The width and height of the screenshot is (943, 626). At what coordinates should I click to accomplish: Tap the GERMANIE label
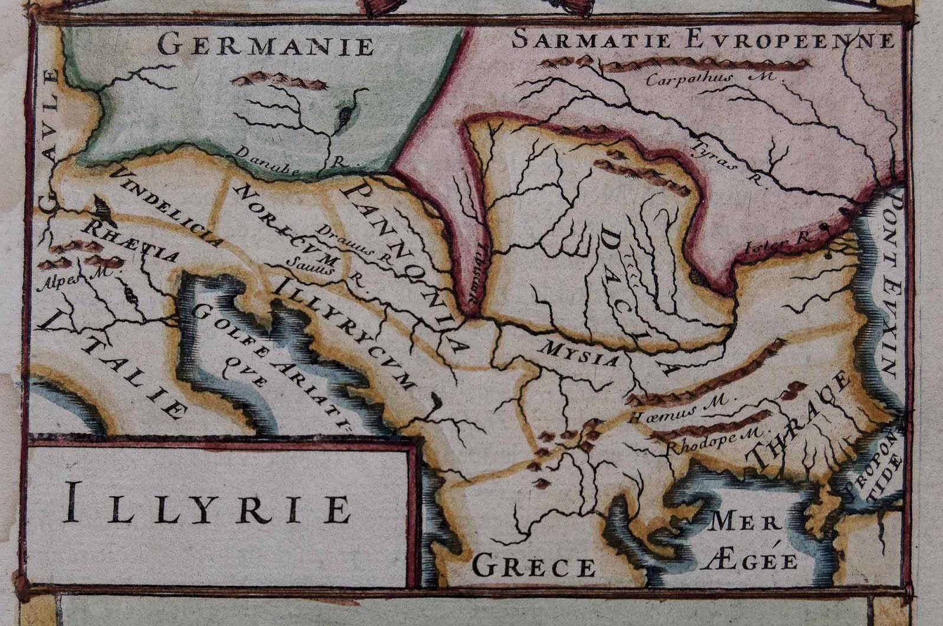pyautogui.click(x=266, y=45)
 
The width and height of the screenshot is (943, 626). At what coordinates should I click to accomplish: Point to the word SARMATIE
pyautogui.click(x=591, y=40)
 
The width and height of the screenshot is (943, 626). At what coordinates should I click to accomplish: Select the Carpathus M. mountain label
pyautogui.click(x=711, y=79)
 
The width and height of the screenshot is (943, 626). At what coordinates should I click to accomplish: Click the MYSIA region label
pyautogui.click(x=581, y=353)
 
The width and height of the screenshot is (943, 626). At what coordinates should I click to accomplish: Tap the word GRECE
pyautogui.click(x=534, y=567)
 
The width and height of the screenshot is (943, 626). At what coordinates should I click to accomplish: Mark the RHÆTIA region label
pyautogui.click(x=131, y=242)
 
